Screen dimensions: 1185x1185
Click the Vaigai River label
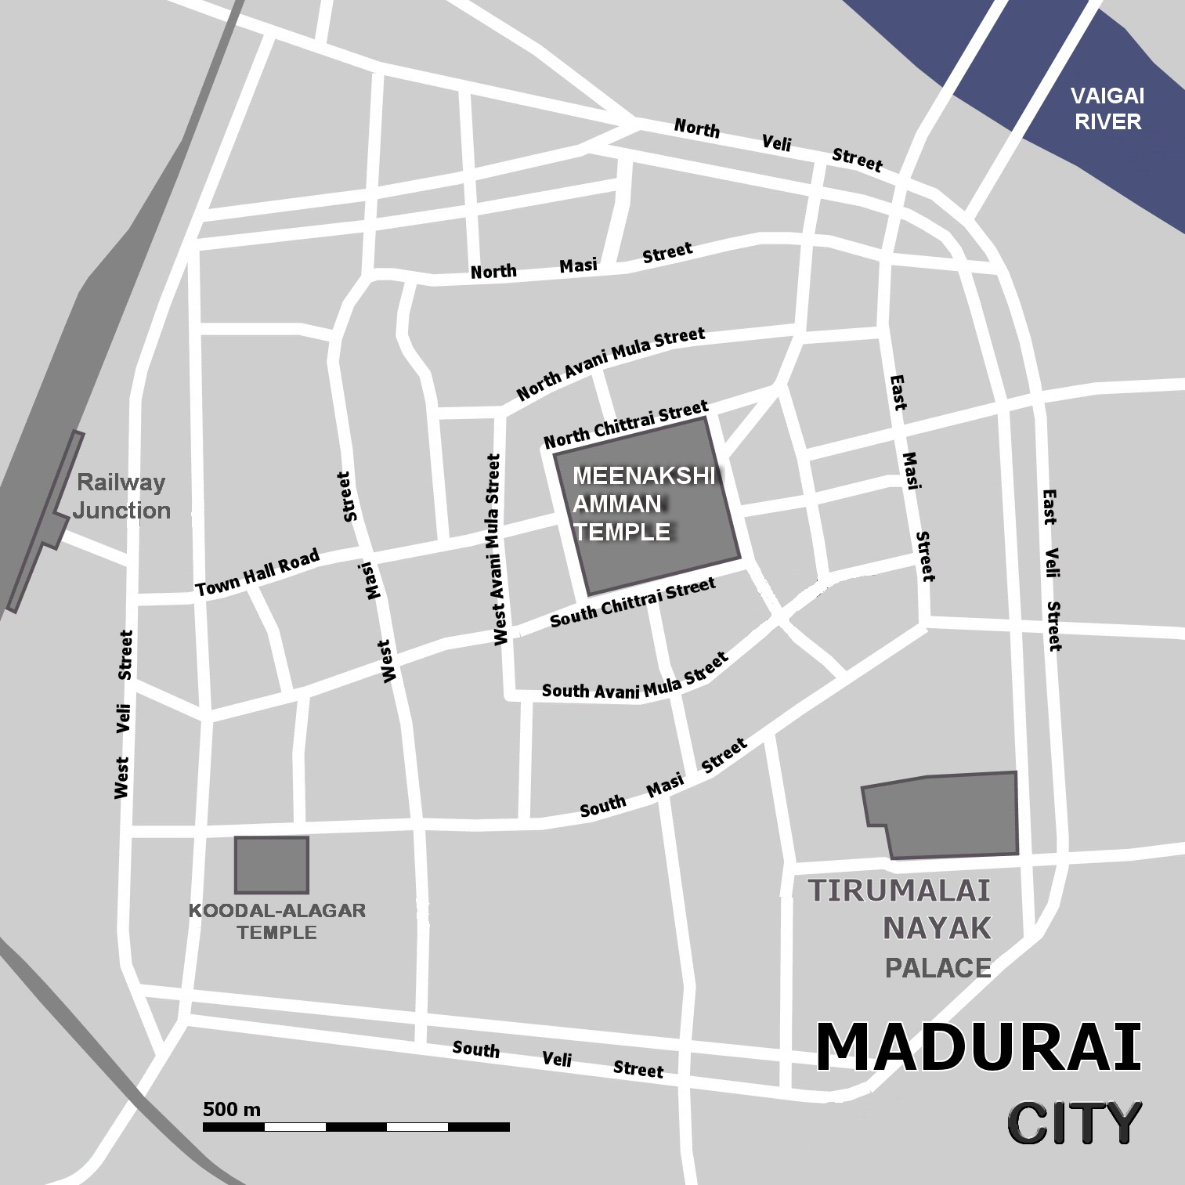tap(1107, 109)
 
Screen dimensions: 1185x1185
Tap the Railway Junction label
tap(121, 497)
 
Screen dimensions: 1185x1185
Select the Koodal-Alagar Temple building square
tap(271, 865)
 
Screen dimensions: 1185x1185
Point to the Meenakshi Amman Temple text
tap(642, 504)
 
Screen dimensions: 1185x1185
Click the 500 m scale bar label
tap(232, 1109)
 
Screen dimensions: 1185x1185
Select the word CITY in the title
tap(1074, 1123)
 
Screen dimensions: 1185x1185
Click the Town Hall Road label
tap(258, 573)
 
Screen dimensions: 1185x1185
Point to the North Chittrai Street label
tap(626, 424)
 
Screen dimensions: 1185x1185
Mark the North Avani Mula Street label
tap(610, 364)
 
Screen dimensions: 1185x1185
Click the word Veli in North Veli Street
tap(776, 143)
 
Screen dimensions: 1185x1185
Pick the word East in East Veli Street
tap(1050, 508)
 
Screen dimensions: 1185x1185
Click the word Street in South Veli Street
tap(638, 1069)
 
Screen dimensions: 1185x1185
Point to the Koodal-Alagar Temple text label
tap(277, 921)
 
